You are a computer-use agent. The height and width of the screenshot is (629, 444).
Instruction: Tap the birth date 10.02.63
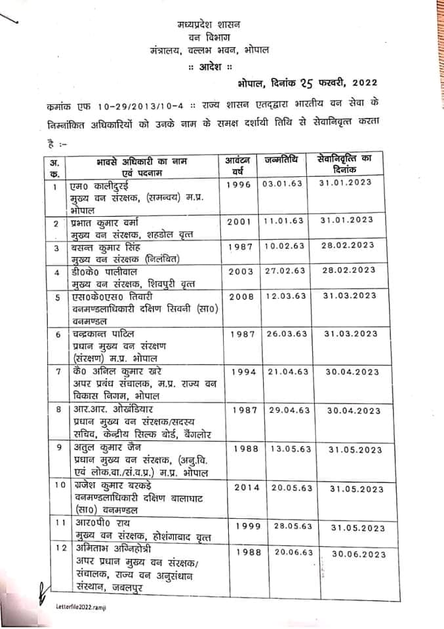pos(283,246)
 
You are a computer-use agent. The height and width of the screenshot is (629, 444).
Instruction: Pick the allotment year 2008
pos(240,296)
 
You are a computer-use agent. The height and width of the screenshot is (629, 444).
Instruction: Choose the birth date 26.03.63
pos(285,334)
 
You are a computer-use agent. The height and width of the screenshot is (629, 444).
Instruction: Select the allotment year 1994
pos(242,372)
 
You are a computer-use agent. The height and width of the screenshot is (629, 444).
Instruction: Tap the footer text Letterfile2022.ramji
pos(77,609)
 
